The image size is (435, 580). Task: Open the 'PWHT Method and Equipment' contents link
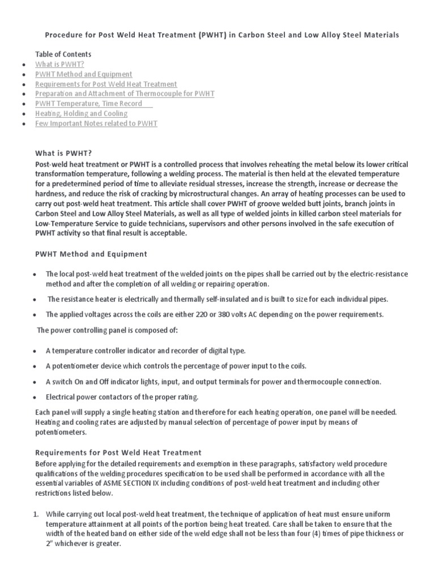[83, 74]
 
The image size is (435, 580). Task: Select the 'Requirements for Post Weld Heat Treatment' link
[106, 84]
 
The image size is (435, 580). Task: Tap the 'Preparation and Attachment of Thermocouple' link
[125, 93]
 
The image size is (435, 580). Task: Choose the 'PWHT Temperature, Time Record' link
[93, 104]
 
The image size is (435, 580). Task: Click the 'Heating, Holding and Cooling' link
[81, 113]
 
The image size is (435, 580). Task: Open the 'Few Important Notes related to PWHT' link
[96, 123]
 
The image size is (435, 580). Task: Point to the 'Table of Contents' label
[63, 54]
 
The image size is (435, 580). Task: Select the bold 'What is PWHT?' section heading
[63, 153]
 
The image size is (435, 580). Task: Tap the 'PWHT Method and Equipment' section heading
[91, 254]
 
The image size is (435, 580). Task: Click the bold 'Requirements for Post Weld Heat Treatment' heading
[118, 453]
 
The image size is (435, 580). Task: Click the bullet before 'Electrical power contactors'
[35, 398]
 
